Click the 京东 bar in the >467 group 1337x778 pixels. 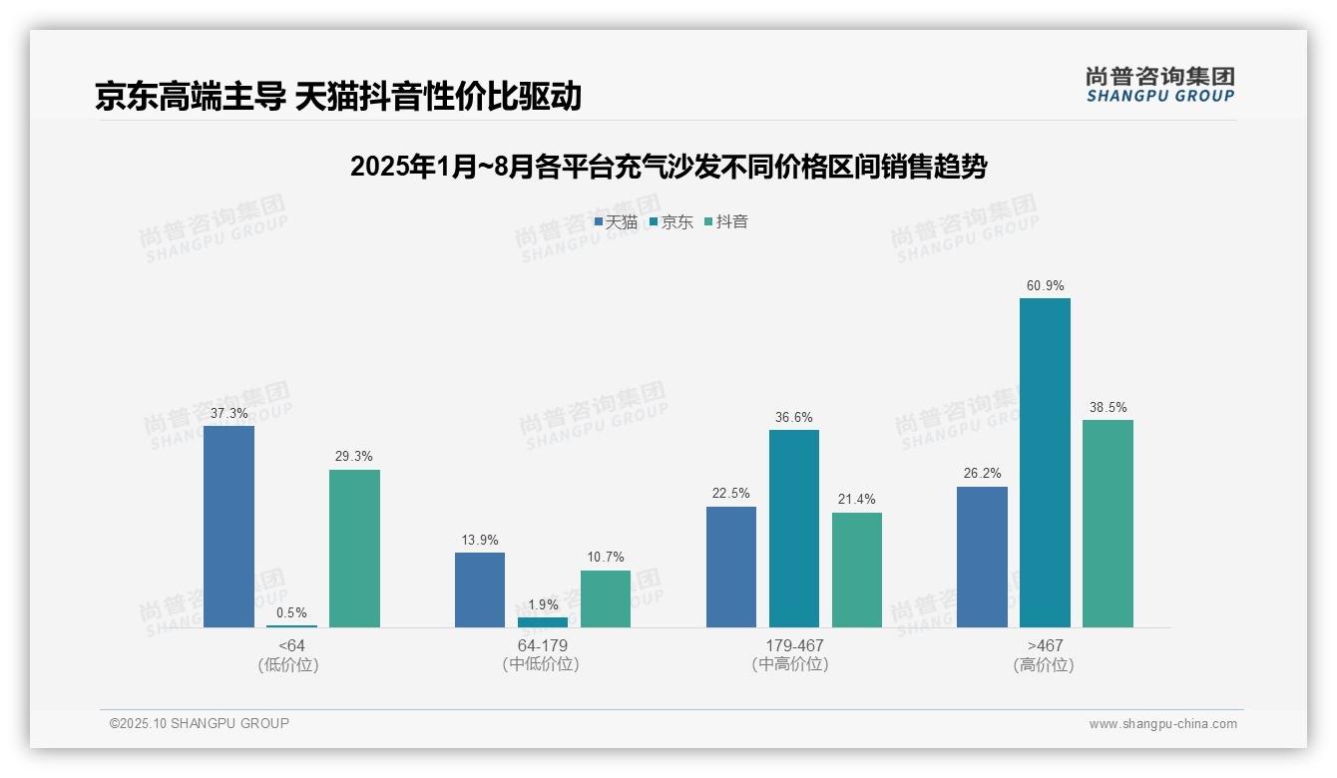click(x=1045, y=463)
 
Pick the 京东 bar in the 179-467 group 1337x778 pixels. click(x=794, y=529)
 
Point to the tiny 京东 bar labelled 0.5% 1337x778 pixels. click(x=291, y=625)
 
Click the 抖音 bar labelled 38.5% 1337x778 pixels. click(x=1108, y=524)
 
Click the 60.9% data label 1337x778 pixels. click(x=1045, y=286)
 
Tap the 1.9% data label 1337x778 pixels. click(x=543, y=605)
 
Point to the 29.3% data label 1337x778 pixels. click(x=354, y=457)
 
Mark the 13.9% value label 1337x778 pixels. click(x=480, y=540)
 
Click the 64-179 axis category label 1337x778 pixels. click(x=542, y=645)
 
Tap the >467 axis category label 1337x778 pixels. click(x=1044, y=645)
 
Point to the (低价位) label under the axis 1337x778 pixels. click(x=291, y=664)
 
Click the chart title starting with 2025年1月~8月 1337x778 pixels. click(x=668, y=167)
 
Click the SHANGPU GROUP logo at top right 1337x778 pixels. click(x=1159, y=85)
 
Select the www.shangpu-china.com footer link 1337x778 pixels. click(x=1162, y=724)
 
